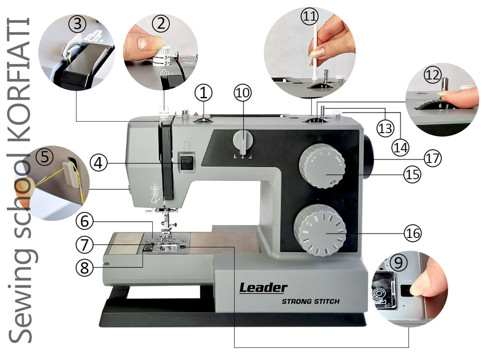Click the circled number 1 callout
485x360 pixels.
click(x=204, y=93)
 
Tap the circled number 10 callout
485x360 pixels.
click(x=243, y=93)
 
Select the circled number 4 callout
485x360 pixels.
click(x=98, y=162)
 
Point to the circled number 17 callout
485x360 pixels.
click(x=433, y=158)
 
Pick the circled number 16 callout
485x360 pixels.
click(x=413, y=233)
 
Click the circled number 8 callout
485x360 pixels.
click(x=84, y=267)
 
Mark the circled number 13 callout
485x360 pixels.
click(x=386, y=128)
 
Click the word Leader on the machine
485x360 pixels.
click(x=263, y=288)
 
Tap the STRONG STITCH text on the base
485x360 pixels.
click(x=310, y=301)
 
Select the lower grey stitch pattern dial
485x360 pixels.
click(x=320, y=230)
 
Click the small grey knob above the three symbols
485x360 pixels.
click(x=243, y=141)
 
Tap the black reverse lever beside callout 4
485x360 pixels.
click(x=187, y=163)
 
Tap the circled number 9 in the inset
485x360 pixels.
click(x=398, y=263)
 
